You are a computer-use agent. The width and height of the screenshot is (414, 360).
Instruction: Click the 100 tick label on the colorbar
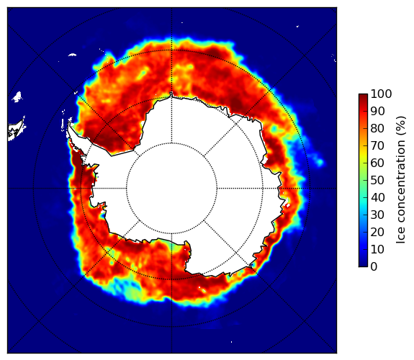pos(381,94)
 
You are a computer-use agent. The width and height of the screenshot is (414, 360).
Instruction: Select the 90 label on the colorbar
pos(377,112)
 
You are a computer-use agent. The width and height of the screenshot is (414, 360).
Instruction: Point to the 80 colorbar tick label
pos(377,129)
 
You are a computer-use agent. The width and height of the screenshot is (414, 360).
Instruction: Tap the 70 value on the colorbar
pos(377,145)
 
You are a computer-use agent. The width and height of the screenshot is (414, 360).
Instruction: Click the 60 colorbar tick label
pos(377,163)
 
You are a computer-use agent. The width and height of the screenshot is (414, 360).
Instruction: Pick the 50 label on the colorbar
pos(377,181)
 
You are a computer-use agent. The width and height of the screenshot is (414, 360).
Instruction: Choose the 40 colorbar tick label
pos(377,197)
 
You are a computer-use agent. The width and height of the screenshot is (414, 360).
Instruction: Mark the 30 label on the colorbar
pos(377,215)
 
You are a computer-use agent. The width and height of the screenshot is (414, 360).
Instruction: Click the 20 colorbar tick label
pos(377,232)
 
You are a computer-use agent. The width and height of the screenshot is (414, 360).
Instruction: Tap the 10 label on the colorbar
pos(377,249)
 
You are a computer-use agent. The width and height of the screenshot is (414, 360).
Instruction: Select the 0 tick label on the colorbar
pos(374,267)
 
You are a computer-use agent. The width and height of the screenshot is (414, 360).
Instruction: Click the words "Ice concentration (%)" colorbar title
pos(401,180)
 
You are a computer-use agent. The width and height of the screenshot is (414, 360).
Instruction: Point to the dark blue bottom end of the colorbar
pos(363,266)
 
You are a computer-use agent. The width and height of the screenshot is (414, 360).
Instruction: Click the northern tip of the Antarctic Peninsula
pos(69,123)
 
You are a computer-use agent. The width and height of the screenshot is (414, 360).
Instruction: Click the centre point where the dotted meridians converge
pos(171,189)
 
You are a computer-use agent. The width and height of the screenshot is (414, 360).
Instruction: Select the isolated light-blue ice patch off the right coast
pos(320,162)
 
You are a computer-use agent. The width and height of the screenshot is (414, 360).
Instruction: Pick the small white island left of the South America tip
pos(17,96)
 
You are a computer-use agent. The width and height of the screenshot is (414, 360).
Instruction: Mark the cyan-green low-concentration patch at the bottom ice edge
pos(132,292)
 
